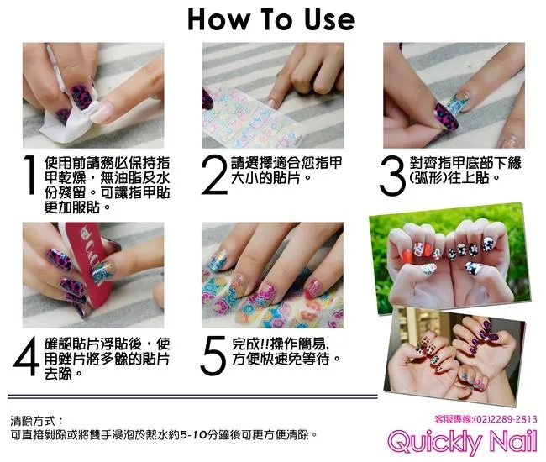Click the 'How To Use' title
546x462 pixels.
pyautogui.click(x=271, y=19)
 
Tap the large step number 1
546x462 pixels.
pyautogui.click(x=30, y=175)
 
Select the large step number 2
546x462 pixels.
pyautogui.click(x=214, y=175)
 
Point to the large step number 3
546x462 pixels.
pyautogui.click(x=393, y=176)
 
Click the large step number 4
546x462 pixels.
pyautogui.click(x=26, y=356)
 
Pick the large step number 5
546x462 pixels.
pyautogui.click(x=213, y=356)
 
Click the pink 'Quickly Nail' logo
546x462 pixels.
pyautogui.click(x=462, y=442)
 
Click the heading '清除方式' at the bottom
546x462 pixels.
pyautogui.click(x=33, y=421)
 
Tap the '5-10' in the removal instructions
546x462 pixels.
pyautogui.click(x=193, y=435)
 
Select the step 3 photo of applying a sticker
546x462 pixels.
pyautogui.click(x=454, y=96)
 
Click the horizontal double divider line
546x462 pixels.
pyautogui.click(x=192, y=396)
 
